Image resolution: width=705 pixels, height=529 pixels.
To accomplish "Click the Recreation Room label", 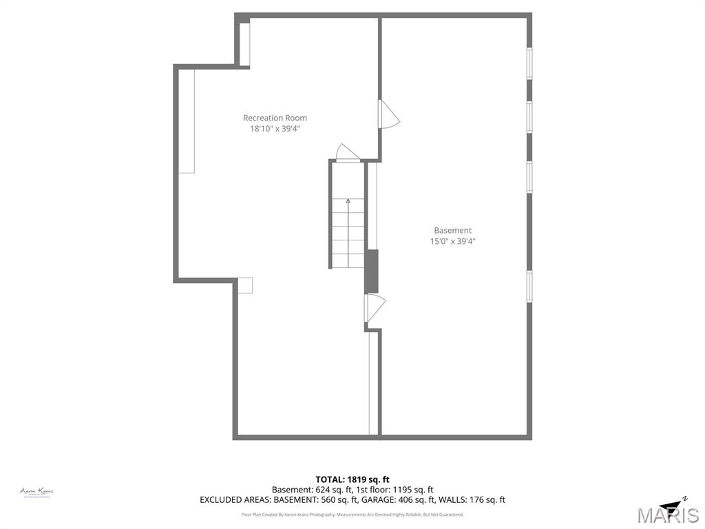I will [x=275, y=118].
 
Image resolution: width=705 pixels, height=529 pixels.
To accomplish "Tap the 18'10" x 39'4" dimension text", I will [x=275, y=128].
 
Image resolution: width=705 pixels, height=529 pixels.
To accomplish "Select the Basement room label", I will [x=452, y=230].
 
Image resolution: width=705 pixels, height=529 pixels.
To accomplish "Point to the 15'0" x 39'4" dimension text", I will [x=452, y=241].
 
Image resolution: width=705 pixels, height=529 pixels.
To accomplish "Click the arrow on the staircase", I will [x=348, y=202].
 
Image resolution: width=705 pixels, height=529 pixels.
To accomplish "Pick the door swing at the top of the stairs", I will [x=347, y=153].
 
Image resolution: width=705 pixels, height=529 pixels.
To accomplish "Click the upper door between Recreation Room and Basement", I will [x=388, y=114].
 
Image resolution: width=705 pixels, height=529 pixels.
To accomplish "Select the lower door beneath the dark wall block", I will [x=375, y=308].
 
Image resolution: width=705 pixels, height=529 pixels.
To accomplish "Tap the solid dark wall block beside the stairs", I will [x=371, y=271].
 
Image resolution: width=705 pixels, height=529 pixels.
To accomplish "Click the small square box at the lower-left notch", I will [x=245, y=285].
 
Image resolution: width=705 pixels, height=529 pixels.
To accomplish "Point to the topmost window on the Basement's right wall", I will [x=529, y=63].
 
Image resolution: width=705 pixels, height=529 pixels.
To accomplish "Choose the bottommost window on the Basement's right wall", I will [x=529, y=286].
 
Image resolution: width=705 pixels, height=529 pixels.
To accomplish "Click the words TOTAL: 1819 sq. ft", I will [x=352, y=479].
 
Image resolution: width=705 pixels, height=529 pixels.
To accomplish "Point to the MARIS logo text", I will [x=667, y=515].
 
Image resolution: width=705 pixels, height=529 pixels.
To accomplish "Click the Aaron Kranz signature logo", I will [x=36, y=492].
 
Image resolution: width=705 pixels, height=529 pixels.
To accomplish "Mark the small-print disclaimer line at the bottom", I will [x=352, y=515].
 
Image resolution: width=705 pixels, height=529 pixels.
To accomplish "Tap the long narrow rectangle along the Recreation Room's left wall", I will [x=187, y=121].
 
